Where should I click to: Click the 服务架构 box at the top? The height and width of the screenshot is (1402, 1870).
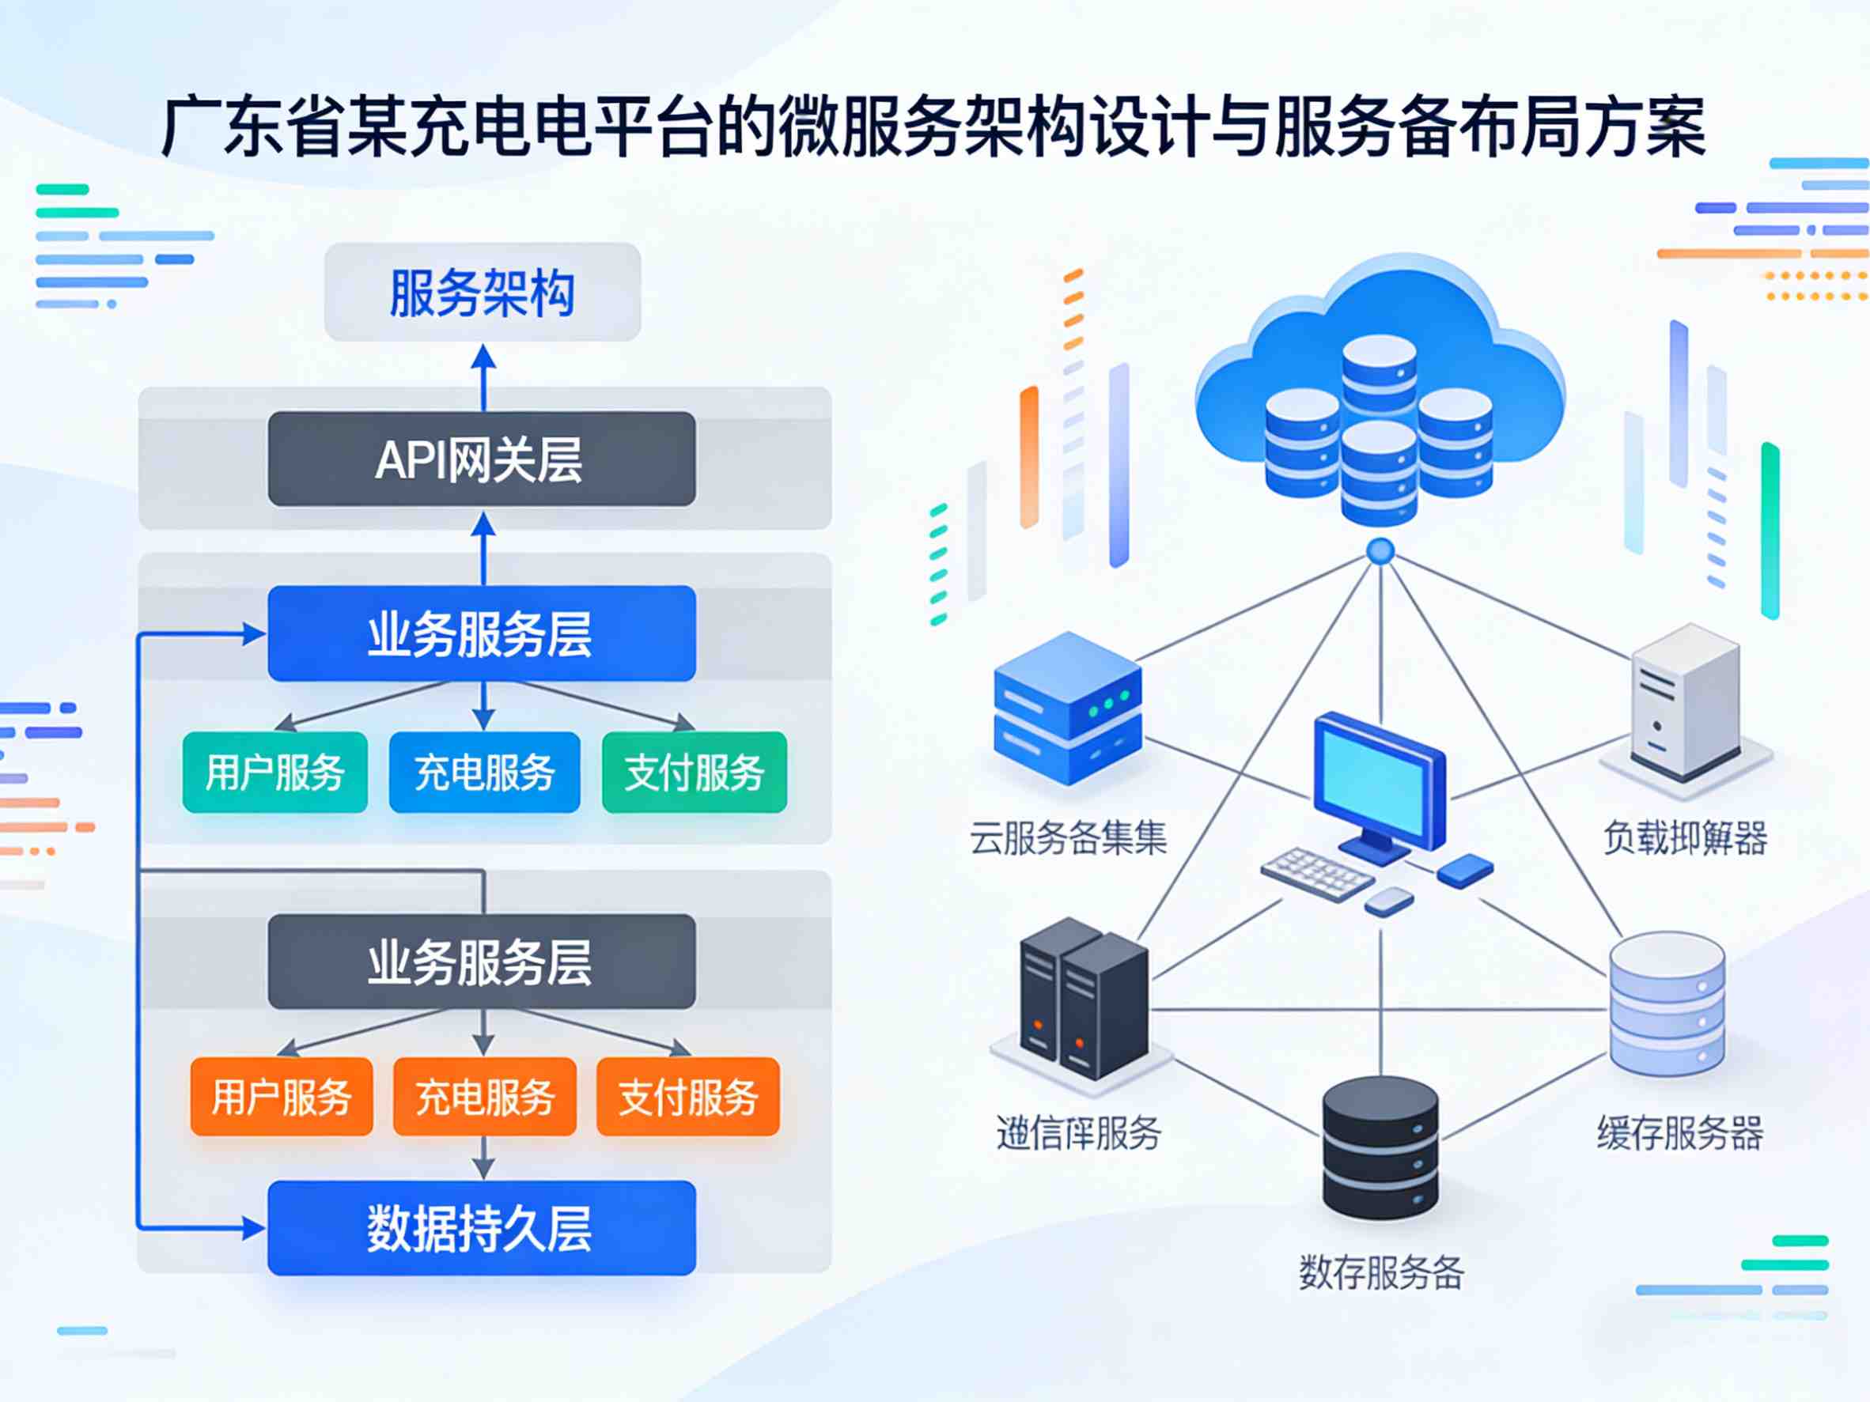[482, 293]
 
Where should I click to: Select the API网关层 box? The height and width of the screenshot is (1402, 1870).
[482, 459]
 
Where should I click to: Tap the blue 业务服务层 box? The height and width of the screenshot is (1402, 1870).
[482, 633]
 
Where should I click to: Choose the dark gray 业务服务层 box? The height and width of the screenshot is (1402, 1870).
[482, 961]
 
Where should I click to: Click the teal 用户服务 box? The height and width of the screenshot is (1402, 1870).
[274, 773]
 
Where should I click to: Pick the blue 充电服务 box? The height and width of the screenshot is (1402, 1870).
[484, 773]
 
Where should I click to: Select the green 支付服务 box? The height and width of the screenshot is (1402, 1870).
[694, 773]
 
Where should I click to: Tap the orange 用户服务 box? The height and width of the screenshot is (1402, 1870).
[282, 1096]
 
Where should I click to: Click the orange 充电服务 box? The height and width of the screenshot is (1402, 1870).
[484, 1096]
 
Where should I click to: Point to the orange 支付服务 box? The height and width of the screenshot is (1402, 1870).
[688, 1096]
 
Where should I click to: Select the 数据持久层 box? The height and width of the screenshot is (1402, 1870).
[482, 1227]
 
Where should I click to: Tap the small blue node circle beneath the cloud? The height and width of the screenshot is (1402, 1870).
[1380, 552]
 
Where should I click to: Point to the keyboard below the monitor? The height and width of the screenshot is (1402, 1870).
[1316, 874]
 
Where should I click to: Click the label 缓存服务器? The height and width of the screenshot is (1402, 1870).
[1680, 1133]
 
